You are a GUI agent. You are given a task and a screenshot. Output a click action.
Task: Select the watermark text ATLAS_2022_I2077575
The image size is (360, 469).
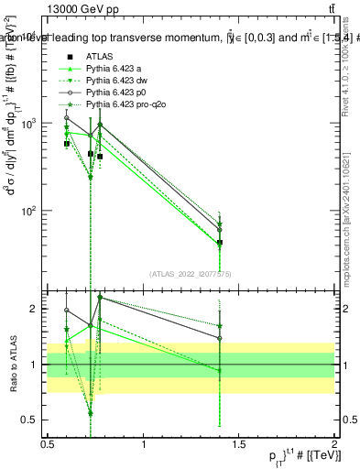click(x=191, y=273)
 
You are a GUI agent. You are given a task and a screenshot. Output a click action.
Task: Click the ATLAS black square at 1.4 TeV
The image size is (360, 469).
click(x=220, y=243)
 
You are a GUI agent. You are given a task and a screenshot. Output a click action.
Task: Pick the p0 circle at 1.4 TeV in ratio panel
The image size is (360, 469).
click(x=220, y=338)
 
